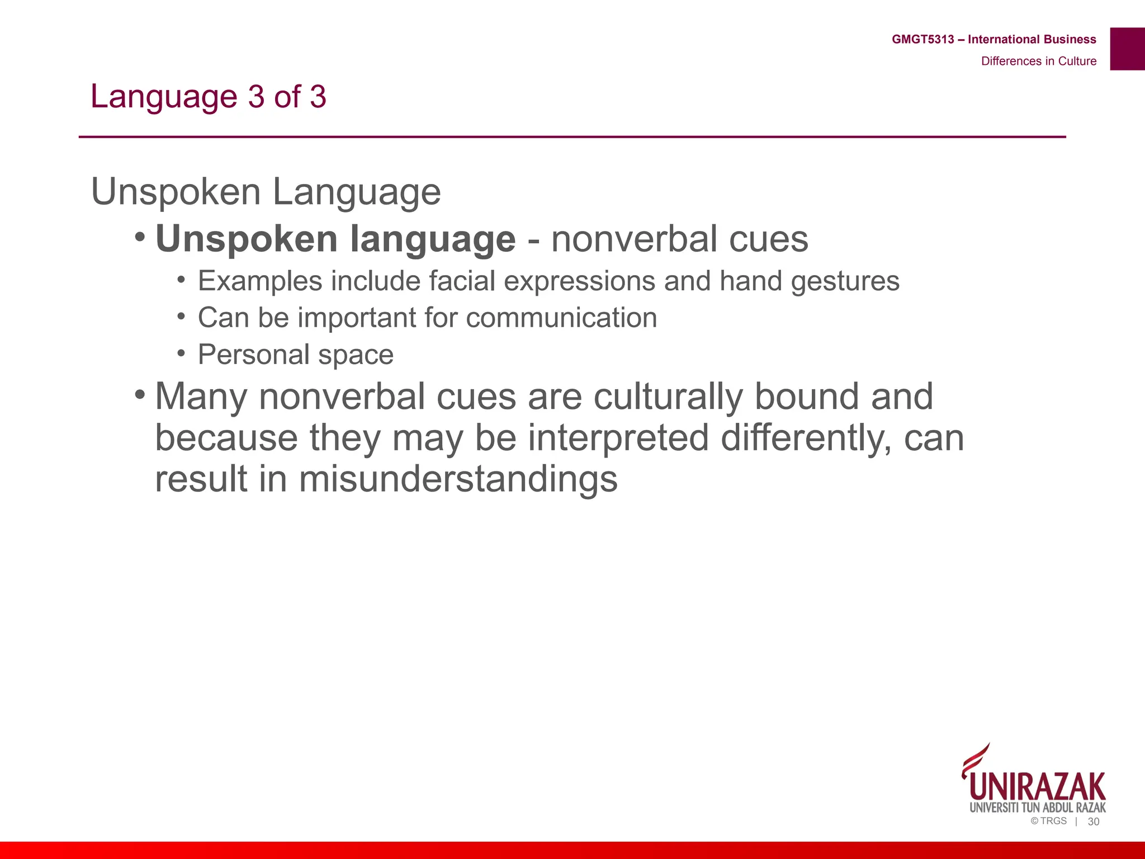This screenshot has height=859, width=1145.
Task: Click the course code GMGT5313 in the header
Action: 922,39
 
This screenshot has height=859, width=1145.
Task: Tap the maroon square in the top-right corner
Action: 1127,49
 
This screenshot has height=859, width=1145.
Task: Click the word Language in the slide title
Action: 164,96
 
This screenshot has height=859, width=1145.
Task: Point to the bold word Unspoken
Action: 247,239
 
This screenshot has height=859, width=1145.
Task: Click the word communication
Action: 561,318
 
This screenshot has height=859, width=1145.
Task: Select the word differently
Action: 806,438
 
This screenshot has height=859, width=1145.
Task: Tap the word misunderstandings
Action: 458,479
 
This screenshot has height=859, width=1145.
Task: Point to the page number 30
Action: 1094,822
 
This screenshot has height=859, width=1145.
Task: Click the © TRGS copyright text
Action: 1049,821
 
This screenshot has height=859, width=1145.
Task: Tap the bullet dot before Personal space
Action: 181,353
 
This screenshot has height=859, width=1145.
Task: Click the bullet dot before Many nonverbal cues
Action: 140,395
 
